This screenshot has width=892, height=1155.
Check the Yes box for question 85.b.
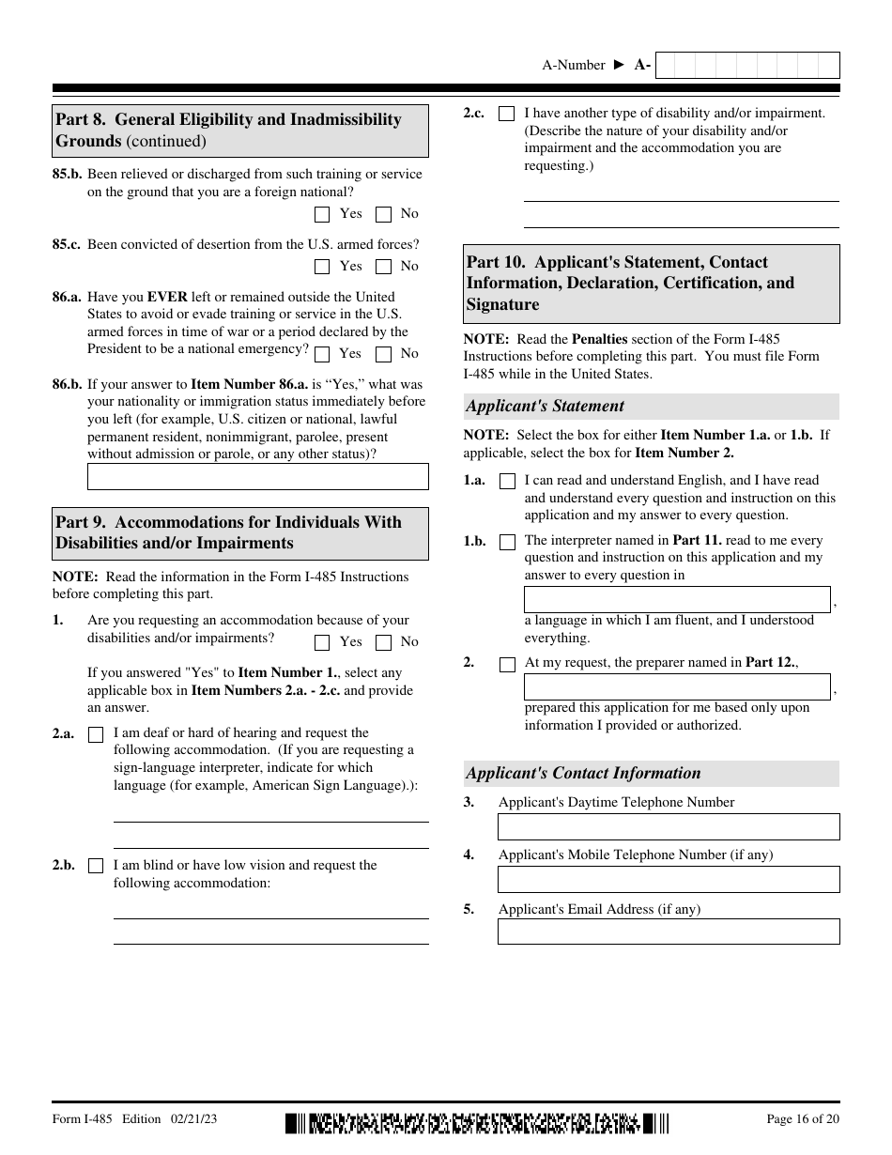[323, 214]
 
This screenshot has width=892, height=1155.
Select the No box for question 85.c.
[383, 267]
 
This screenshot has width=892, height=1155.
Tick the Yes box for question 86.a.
[323, 354]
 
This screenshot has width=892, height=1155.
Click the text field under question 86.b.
[257, 476]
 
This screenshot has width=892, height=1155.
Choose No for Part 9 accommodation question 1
[383, 642]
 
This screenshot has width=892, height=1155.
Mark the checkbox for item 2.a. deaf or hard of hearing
[95, 734]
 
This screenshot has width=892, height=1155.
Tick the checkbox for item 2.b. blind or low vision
[95, 866]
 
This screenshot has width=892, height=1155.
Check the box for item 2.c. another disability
[506, 114]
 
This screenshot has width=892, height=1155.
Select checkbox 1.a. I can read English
[507, 481]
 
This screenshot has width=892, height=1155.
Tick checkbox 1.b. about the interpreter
[507, 542]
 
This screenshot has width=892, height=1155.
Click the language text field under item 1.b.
[676, 599]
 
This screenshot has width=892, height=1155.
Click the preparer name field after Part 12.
[676, 686]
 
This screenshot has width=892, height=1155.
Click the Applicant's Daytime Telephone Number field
[668, 826]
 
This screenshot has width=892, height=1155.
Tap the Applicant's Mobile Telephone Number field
[668, 879]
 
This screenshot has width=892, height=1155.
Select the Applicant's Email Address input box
[668, 932]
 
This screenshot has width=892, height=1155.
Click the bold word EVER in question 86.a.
[167, 297]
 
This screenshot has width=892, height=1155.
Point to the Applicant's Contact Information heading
[583, 774]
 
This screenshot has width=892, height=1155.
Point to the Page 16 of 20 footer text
[803, 1119]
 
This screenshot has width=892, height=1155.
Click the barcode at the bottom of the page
[478, 1122]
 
